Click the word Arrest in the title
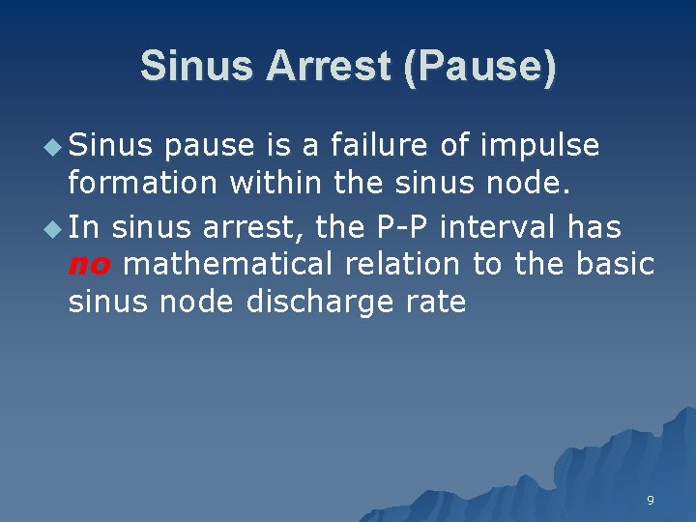coord(326,66)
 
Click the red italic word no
coord(89,264)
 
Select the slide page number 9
coord(650,500)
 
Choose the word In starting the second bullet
coord(84,228)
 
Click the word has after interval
coord(594,228)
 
